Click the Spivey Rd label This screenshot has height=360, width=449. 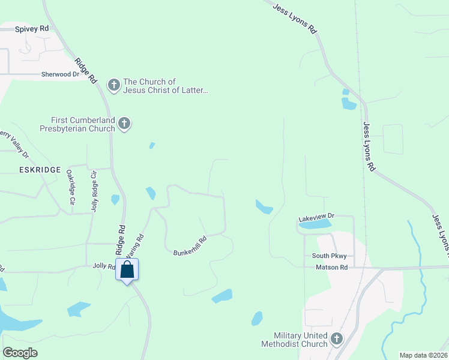(x=32, y=29)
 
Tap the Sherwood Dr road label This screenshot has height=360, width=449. (x=60, y=74)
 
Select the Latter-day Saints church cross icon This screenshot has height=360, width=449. (x=114, y=85)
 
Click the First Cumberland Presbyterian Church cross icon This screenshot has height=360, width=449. (x=124, y=124)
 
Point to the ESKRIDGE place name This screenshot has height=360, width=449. (x=31, y=170)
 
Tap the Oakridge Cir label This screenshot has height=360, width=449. (x=70, y=187)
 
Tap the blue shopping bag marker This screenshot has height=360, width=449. (x=127, y=269)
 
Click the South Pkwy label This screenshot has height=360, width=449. (x=329, y=256)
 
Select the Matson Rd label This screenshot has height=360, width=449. (x=332, y=266)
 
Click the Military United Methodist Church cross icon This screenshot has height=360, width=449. (x=336, y=339)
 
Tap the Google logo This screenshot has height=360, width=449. (x=20, y=352)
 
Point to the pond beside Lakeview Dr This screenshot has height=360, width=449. (x=319, y=224)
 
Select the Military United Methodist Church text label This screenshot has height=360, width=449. (x=294, y=340)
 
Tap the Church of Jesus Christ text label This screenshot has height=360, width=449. (x=166, y=86)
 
